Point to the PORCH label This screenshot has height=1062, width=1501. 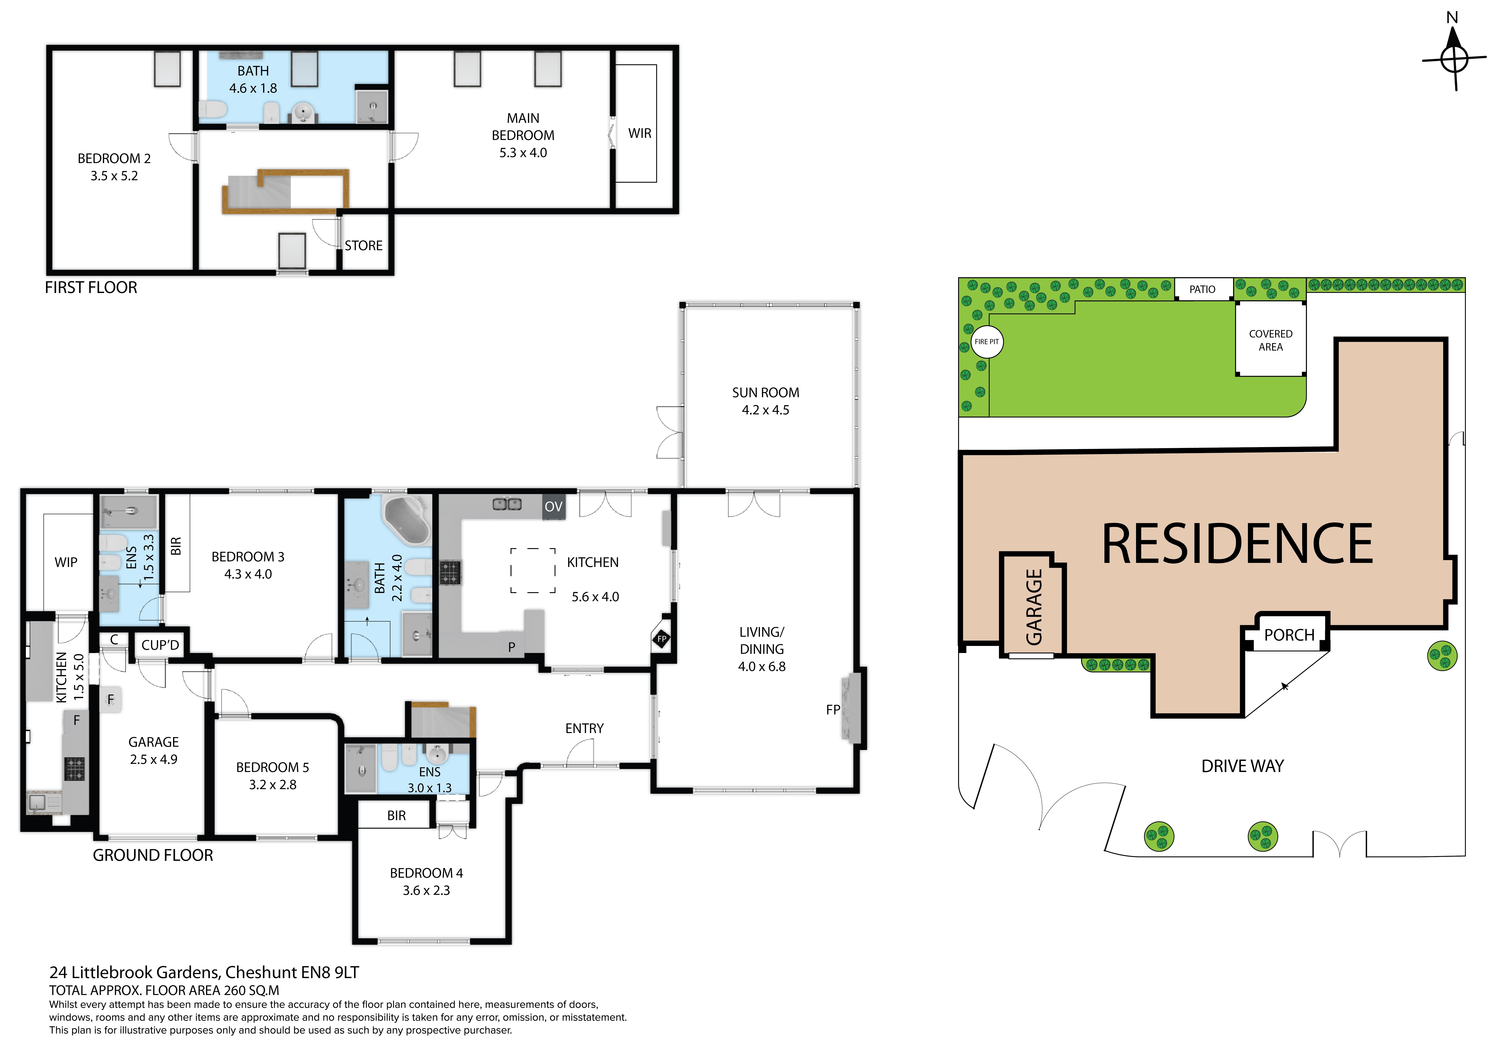pos(1289,635)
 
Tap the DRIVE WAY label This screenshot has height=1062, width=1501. pos(1242,766)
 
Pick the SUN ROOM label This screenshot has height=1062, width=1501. pos(765,392)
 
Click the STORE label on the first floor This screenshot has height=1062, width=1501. pos(363,246)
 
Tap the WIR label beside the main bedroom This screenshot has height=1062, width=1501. pos(639,133)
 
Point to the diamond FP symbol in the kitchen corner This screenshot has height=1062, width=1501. pos(662,639)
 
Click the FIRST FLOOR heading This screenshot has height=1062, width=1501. pos(91,288)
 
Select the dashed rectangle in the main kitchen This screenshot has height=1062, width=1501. pos(533,570)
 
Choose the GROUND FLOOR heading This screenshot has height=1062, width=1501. pos(153,855)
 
